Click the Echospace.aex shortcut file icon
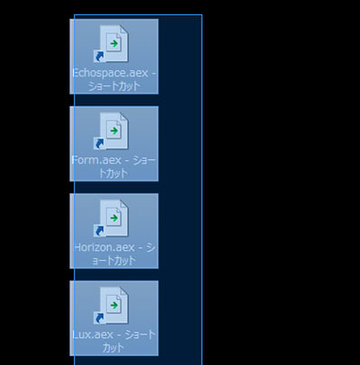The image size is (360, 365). (x=111, y=43)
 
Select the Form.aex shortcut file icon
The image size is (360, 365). (x=111, y=130)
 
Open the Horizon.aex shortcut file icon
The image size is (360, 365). (x=111, y=218)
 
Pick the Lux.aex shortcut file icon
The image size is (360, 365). (x=111, y=305)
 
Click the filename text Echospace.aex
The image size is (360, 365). (x=111, y=73)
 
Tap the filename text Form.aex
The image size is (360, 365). (x=96, y=160)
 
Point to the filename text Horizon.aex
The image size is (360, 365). (x=104, y=247)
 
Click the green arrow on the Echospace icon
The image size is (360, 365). (x=114, y=44)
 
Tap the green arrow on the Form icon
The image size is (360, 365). (x=114, y=131)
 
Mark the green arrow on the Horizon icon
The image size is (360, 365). (x=114, y=218)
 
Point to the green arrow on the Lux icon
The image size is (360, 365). (x=114, y=306)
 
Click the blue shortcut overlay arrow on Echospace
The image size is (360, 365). (x=99, y=57)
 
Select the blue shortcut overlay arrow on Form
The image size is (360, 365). (x=99, y=144)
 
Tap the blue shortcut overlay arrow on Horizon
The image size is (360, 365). (x=99, y=231)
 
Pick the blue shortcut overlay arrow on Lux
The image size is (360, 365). (x=99, y=318)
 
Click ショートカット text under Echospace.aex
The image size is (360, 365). (x=114, y=86)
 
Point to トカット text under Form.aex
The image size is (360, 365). (x=113, y=174)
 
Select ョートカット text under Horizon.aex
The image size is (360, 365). (x=113, y=261)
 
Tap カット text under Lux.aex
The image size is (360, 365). (x=113, y=348)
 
